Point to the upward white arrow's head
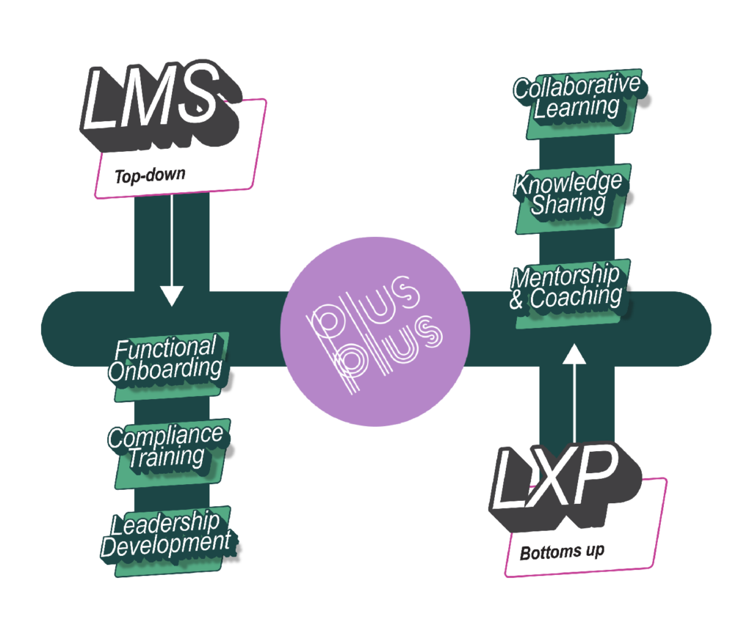(x=574, y=355)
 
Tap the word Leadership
(x=165, y=524)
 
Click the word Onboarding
(x=165, y=369)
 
